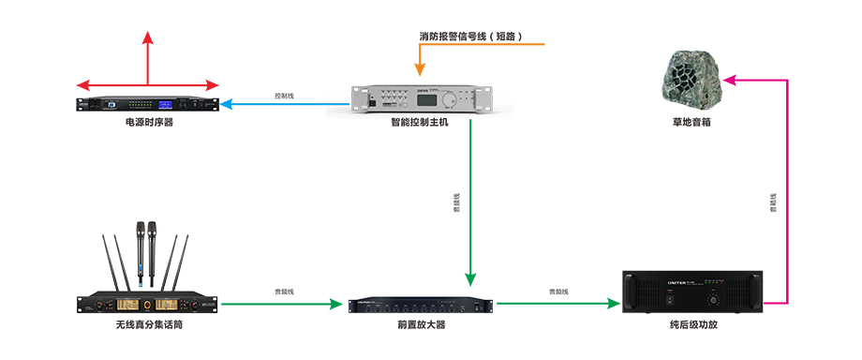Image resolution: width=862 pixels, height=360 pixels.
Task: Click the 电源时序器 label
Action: coord(149,122)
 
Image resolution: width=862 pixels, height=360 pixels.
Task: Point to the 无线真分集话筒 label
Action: coord(149,324)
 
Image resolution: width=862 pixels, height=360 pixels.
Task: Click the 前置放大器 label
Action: coord(421,324)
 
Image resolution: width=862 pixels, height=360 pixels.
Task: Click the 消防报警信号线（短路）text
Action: coord(470,37)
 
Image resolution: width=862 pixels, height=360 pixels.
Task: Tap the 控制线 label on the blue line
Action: coord(284,96)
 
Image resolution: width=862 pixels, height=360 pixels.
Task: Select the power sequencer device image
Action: coord(148,103)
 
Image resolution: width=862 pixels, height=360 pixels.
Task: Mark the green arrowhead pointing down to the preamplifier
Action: coord(470,278)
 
